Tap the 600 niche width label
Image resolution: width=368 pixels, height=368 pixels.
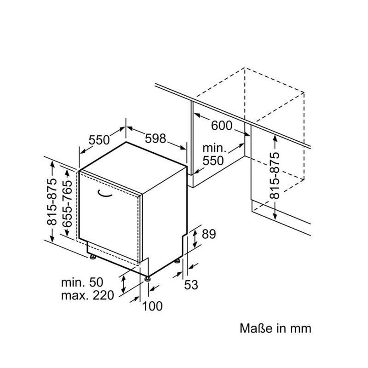click(222, 126)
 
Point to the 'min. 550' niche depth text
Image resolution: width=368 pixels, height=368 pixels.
click(214, 155)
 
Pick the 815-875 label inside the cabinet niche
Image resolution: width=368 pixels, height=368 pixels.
click(275, 175)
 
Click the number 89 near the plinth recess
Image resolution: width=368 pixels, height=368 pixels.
click(209, 235)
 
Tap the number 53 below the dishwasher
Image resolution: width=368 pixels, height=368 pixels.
click(191, 285)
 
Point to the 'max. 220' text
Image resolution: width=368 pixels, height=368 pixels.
click(87, 295)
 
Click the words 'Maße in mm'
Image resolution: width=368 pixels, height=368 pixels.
click(276, 328)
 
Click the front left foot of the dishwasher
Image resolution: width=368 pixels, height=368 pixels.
click(93, 257)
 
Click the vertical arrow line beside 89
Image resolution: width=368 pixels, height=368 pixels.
click(196, 238)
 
